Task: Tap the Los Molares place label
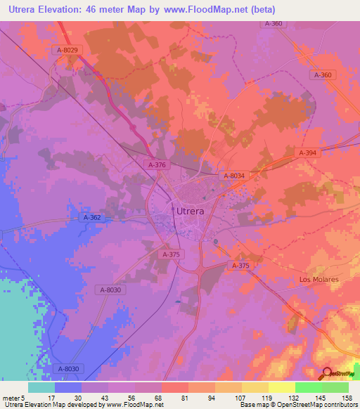pos(319,279)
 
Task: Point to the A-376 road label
pos(157,164)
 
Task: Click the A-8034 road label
pos(233,176)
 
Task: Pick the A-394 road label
pos(307,152)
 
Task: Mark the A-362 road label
pos(93,218)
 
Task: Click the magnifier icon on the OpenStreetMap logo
pos(326,373)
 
